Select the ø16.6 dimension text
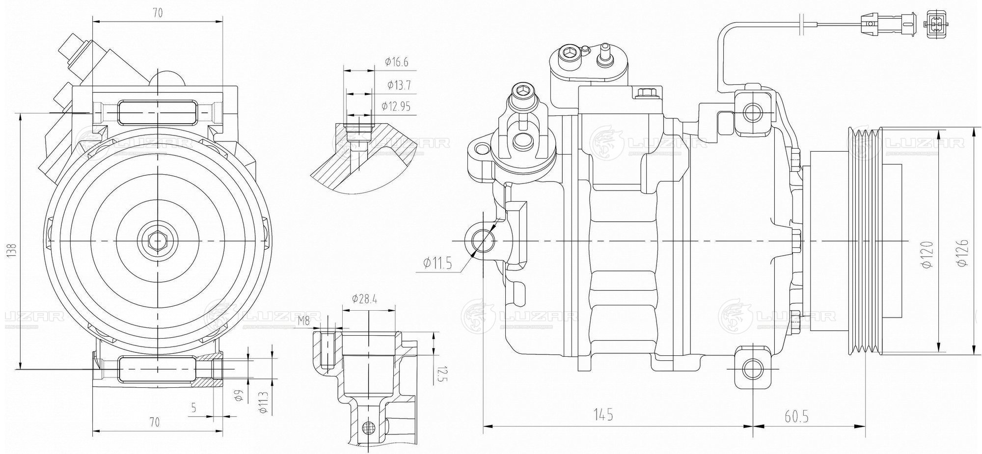397,62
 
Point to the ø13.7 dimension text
399,85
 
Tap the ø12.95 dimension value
395,106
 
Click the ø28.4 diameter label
364,299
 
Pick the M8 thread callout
304,321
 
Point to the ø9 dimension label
239,396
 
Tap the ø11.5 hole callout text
437,264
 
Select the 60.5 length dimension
796,417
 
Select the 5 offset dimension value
193,407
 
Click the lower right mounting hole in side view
753,369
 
